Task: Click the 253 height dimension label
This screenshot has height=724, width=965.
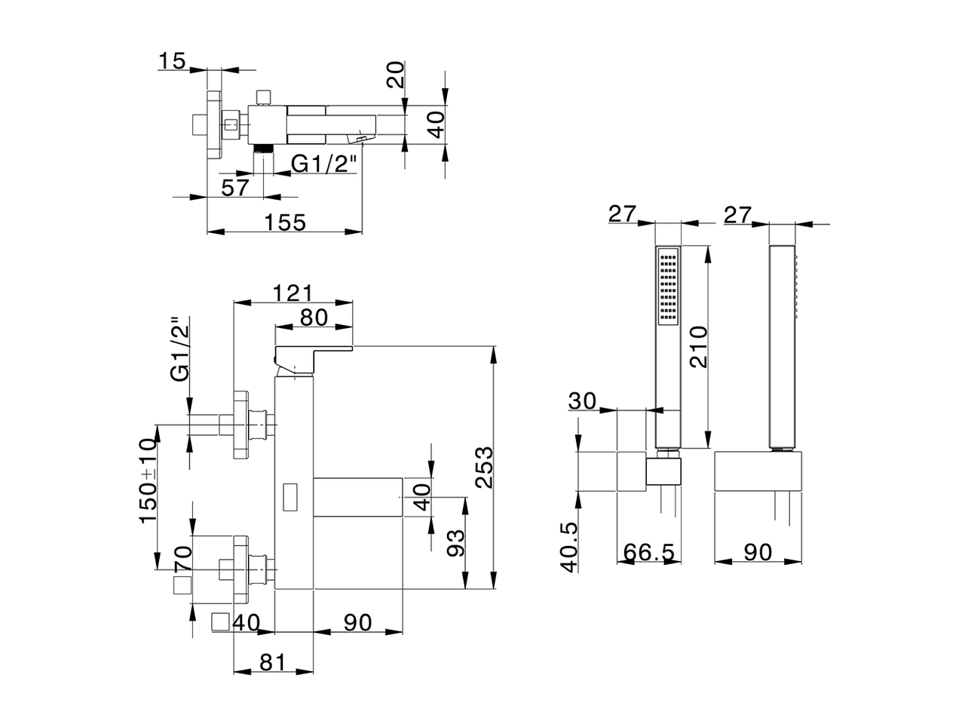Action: pos(485,468)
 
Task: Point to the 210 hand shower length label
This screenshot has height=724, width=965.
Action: pos(699,346)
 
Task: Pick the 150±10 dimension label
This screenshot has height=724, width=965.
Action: pos(148,480)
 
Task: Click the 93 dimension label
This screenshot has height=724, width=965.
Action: pos(455,542)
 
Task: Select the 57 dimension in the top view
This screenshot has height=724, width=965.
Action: pos(235,188)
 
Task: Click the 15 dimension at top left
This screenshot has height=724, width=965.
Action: pos(173,60)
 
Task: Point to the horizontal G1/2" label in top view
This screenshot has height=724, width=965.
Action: pos(323,164)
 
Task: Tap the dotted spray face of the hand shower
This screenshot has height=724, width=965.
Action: pos(667,287)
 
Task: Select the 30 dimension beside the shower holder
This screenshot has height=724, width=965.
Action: pos(583,400)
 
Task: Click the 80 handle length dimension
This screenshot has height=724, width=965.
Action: pos(314,318)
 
